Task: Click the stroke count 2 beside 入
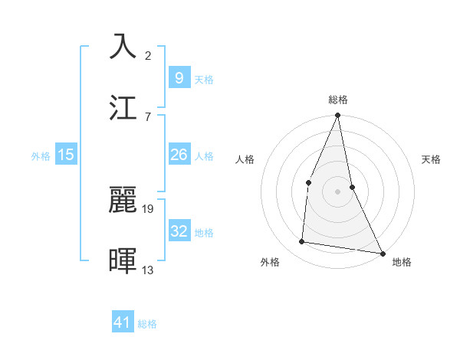(148, 56)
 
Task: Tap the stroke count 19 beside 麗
(149, 208)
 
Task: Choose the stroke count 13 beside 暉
(149, 270)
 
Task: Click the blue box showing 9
(179, 77)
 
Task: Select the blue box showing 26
(179, 155)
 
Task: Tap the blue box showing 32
(179, 231)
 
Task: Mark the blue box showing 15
(66, 155)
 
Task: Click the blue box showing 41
(123, 322)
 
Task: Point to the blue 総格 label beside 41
(147, 324)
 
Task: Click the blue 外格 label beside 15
(41, 156)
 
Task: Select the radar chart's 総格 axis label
(338, 100)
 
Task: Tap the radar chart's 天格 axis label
(432, 160)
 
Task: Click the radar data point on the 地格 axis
(382, 253)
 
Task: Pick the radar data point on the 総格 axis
(338, 116)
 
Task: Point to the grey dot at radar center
(338, 191)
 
